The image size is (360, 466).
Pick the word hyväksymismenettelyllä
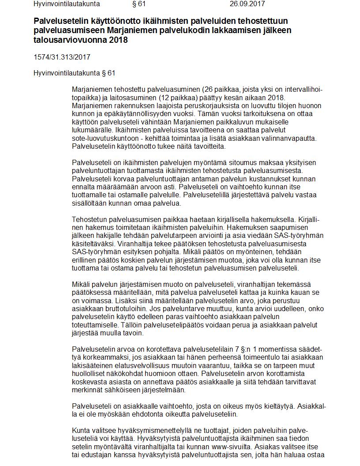click(x=145, y=430)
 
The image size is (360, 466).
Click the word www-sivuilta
click(x=236, y=446)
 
